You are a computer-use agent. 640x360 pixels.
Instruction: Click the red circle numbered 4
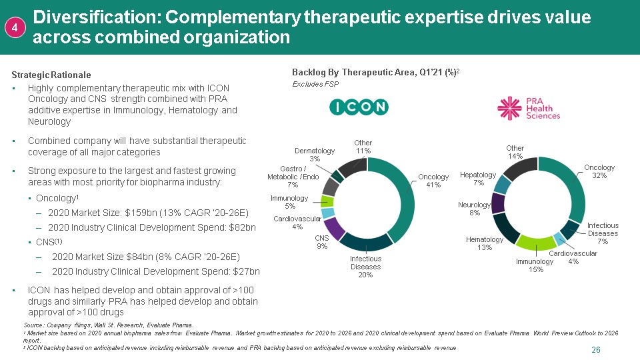coord(16,27)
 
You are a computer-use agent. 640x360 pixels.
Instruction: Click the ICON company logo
coord(360,107)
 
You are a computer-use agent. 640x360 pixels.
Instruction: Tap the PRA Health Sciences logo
coord(529,107)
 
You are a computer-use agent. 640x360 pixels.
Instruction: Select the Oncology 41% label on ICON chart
coord(433,181)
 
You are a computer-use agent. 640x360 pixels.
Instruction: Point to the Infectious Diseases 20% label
coord(365,267)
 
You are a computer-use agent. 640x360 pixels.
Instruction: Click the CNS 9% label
coord(322,242)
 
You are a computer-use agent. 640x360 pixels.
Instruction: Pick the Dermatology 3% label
coord(315,155)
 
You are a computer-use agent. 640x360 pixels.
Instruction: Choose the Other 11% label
coord(363,147)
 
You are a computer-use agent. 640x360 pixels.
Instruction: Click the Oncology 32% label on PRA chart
coord(599,171)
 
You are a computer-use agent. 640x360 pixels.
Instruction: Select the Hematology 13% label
coord(485,243)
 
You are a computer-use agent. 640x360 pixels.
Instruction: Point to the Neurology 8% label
coord(475,209)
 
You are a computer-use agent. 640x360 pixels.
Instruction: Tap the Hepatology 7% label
coord(478,179)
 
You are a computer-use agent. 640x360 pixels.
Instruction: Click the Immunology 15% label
coord(535,265)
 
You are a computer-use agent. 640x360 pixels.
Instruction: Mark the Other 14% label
coord(515,152)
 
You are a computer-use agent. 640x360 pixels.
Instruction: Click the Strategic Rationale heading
coord(51,75)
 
